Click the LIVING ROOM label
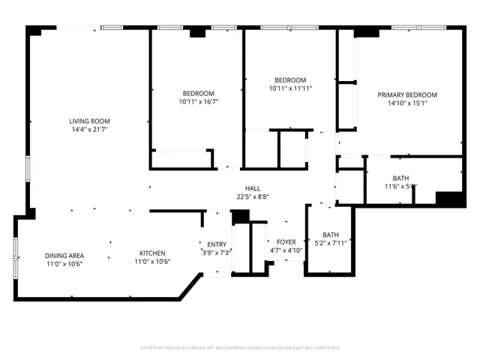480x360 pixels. (x=89, y=121)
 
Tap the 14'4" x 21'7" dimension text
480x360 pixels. (x=89, y=130)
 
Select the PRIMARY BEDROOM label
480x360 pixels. (x=406, y=95)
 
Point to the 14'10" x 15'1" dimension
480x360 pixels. (x=406, y=104)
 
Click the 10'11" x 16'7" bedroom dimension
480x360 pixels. (x=198, y=101)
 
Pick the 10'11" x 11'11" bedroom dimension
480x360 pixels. (x=290, y=88)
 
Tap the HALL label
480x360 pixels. (x=253, y=188)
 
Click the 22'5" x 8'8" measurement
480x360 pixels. (x=253, y=197)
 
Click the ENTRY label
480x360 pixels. (x=217, y=244)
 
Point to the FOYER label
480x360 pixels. (x=286, y=241)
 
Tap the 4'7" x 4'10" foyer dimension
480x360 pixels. (x=286, y=250)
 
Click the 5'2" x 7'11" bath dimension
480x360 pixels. (x=330, y=243)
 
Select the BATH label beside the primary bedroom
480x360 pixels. (x=401, y=178)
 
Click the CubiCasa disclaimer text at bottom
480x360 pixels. (x=240, y=348)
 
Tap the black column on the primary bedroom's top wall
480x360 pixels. (x=367, y=32)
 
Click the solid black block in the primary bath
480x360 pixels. (x=450, y=199)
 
